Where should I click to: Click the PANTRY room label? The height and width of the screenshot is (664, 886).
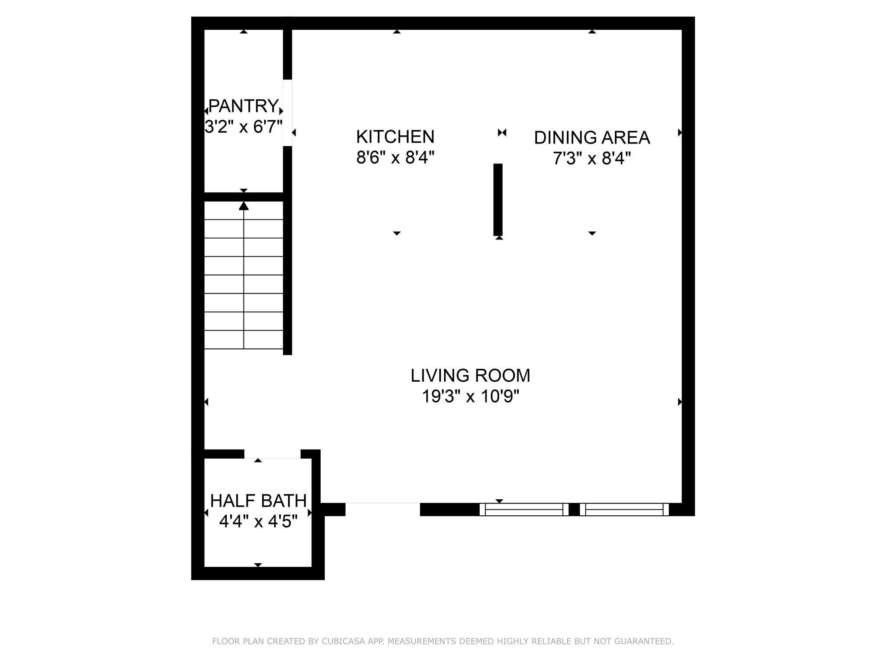pyautogui.click(x=243, y=105)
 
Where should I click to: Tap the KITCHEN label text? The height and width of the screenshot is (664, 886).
pyautogui.click(x=395, y=137)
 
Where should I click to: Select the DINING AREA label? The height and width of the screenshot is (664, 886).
pyautogui.click(x=592, y=137)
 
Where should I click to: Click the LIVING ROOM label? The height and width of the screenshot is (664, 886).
pyautogui.click(x=470, y=375)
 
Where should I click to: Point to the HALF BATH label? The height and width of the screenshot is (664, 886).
pyautogui.click(x=258, y=501)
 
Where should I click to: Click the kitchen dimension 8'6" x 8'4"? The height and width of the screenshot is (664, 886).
pyautogui.click(x=395, y=158)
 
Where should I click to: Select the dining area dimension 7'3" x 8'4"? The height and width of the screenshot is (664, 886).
pyautogui.click(x=592, y=159)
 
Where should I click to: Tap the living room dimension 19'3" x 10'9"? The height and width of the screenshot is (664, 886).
pyautogui.click(x=470, y=396)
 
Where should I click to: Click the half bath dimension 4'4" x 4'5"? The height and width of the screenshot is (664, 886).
pyautogui.click(x=258, y=521)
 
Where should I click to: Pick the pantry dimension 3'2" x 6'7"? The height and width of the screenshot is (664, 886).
pyautogui.click(x=243, y=127)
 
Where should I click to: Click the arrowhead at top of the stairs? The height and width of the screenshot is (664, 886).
pyautogui.click(x=244, y=206)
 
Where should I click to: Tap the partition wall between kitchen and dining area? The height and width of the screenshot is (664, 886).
pyautogui.click(x=498, y=199)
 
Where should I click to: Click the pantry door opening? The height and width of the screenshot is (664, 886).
pyautogui.click(x=287, y=113)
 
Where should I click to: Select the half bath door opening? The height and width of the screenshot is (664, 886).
pyautogui.click(x=273, y=454)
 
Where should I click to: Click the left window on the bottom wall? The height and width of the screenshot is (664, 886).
pyautogui.click(x=524, y=510)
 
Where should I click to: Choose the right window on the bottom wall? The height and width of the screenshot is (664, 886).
pyautogui.click(x=624, y=510)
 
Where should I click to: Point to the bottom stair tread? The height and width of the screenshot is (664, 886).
pyautogui.click(x=244, y=340)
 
